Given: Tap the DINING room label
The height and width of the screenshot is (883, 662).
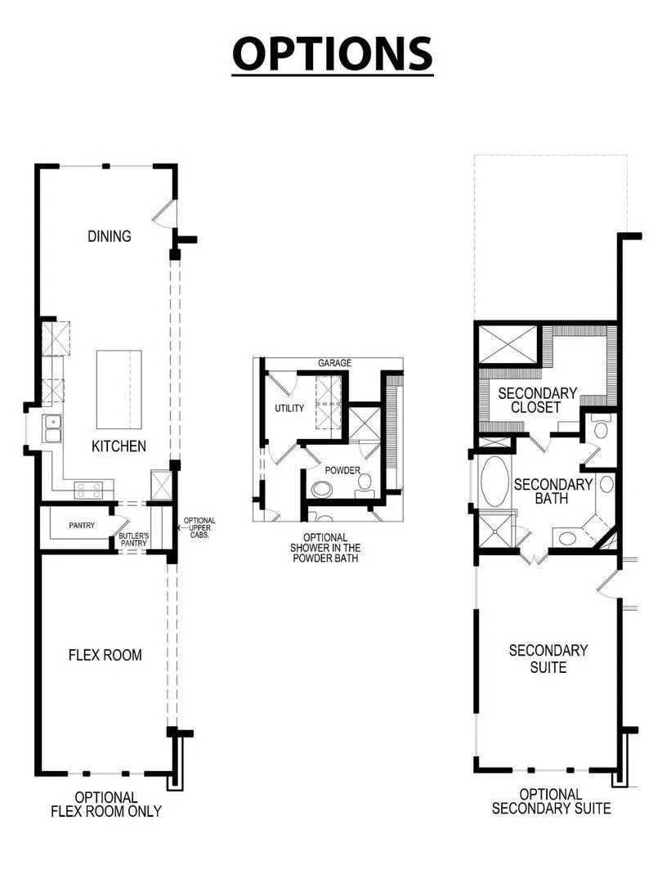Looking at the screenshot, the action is [x=110, y=236].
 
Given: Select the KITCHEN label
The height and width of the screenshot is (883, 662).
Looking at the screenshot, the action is [x=119, y=446].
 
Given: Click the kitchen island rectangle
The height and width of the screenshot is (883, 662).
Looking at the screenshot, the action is [x=119, y=390].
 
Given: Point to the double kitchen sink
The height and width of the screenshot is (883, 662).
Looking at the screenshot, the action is [x=53, y=429].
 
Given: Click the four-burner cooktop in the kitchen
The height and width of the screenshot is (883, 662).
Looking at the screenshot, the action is [x=89, y=490].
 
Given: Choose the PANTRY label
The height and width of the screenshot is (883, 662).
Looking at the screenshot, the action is [x=82, y=526].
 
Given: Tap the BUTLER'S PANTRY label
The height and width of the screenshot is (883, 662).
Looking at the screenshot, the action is [x=133, y=540].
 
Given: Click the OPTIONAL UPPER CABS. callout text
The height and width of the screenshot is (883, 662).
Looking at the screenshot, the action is [x=199, y=527].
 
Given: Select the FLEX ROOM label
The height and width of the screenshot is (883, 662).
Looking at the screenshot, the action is [x=105, y=655].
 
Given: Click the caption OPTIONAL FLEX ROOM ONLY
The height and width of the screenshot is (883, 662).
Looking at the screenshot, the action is [x=105, y=805].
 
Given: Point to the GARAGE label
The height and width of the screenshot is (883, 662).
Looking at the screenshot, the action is [x=334, y=363].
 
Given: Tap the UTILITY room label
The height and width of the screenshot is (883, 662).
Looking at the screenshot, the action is [x=289, y=408].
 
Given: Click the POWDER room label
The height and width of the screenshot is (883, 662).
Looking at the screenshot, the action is [x=342, y=470].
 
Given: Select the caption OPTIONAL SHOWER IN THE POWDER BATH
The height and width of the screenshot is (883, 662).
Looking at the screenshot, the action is [x=325, y=548].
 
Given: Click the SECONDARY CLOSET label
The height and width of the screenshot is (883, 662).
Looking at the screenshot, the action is [x=537, y=400].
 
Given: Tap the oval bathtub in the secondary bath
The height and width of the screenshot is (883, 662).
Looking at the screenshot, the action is [x=494, y=482].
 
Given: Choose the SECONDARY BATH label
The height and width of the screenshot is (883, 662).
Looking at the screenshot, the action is [x=552, y=491].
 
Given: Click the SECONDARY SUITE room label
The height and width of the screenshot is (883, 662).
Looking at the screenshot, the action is [x=548, y=659].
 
